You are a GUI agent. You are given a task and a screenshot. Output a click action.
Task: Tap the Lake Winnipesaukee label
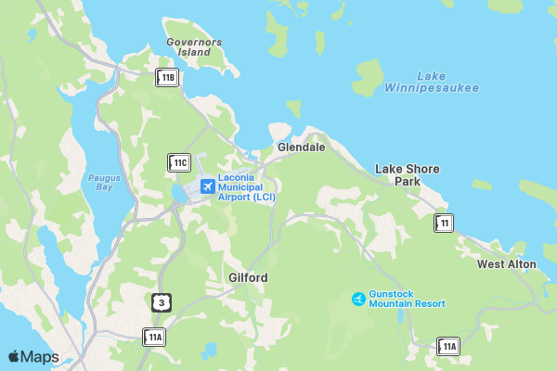pos(447,82)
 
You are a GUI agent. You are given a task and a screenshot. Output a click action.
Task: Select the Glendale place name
pos(301,147)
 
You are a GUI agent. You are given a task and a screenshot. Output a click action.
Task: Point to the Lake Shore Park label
pos(407,174)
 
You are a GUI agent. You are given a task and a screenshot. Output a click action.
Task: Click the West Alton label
pos(506,264)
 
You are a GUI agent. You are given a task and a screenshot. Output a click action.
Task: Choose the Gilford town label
pos(248,277)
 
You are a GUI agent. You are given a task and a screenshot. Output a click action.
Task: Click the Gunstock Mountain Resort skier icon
pos(358,298)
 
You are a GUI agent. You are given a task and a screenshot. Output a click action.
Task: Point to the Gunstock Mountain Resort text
pos(407,298)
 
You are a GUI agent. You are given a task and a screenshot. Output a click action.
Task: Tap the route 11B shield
pos(167,78)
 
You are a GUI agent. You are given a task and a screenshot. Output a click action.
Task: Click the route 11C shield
pos(179,162)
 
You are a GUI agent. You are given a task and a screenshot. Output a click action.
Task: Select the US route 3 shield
pos(162,302)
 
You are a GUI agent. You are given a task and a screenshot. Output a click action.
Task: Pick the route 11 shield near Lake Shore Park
pos(445,223)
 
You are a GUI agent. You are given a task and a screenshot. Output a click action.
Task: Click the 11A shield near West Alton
pos(448,347)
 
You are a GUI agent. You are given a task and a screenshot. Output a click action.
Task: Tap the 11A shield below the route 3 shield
pos(153,337)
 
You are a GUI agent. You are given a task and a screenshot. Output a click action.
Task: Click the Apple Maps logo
pos(33,357)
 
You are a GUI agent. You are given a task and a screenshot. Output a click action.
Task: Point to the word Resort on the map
pos(427,303)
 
